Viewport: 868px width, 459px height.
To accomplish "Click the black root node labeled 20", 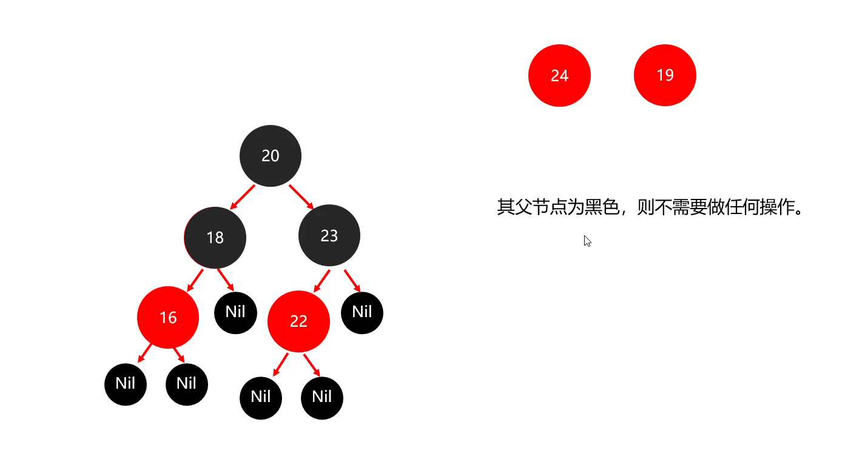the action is (271, 156).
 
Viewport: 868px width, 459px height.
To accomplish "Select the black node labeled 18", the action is (215, 237).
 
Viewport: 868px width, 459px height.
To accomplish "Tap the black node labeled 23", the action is (329, 235).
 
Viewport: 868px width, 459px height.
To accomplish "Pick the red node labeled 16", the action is (168, 317).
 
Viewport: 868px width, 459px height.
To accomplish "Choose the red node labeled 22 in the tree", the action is (298, 321).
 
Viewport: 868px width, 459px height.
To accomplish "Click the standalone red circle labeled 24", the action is (559, 75).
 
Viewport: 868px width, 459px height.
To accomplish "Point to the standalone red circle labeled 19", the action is (665, 75).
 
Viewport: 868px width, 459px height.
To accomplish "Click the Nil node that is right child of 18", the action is (235, 312).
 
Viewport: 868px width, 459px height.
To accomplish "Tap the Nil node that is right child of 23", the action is (362, 312).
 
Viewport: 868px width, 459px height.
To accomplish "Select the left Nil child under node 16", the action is (126, 384).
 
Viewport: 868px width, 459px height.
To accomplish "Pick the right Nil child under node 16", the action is (187, 384).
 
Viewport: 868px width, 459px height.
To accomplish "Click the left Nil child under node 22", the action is (261, 397).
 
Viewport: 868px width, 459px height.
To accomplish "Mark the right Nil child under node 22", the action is (322, 397).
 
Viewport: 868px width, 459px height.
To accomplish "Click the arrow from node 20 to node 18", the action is (243, 196).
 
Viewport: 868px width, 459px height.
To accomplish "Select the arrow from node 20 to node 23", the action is (300, 196).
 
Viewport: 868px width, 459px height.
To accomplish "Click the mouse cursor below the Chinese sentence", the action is (587, 241).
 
